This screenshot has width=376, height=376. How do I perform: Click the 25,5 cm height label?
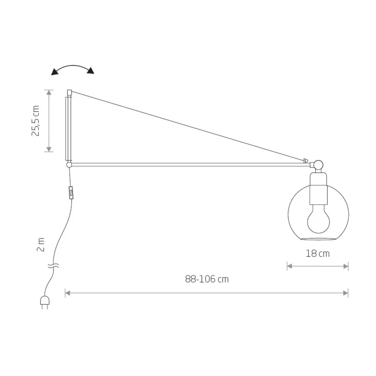click(x=35, y=121)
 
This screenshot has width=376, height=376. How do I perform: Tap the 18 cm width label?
click(x=317, y=254)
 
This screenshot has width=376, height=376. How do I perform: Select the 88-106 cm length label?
click(x=207, y=279)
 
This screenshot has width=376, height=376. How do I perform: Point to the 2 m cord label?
click(x=41, y=244)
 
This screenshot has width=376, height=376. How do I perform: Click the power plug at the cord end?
click(x=45, y=302)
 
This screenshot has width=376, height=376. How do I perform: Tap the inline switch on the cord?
click(x=71, y=193)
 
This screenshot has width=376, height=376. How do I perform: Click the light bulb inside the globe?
click(x=319, y=219)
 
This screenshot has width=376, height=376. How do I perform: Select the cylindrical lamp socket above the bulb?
click(x=319, y=189)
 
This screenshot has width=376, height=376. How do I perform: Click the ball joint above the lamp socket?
click(x=319, y=165)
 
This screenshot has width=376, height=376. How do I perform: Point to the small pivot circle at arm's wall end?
click(x=69, y=165)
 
